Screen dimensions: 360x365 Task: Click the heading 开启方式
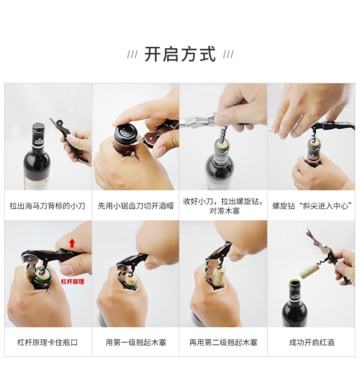(180, 54)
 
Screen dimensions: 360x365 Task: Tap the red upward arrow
(72, 243)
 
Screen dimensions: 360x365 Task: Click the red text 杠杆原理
(72, 282)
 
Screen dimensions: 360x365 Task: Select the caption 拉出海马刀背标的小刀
(47, 206)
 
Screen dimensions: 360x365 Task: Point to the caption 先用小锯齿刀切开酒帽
(136, 206)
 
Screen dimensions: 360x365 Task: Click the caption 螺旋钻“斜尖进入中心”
(312, 206)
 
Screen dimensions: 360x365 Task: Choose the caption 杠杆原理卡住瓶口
(47, 342)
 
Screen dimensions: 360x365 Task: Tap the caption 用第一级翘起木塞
(136, 342)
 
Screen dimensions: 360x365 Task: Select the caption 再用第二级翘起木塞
(223, 342)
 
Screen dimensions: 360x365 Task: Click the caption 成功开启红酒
(312, 342)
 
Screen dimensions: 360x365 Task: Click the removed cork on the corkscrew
(308, 270)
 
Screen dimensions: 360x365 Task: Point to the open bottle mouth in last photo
(294, 284)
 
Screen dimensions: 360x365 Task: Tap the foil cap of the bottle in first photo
(38, 131)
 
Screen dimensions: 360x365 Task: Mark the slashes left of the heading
(132, 55)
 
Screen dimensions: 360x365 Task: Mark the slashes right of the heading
(228, 55)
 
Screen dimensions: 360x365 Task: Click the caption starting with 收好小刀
(223, 206)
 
